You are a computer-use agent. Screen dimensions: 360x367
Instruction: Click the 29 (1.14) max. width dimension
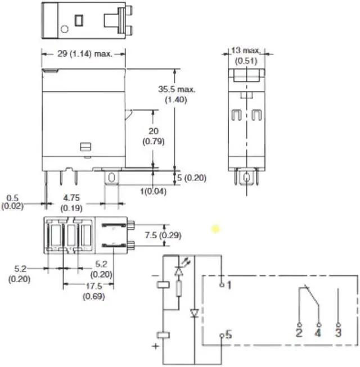[85, 54]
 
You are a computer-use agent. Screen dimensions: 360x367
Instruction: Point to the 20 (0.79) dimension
[154, 136]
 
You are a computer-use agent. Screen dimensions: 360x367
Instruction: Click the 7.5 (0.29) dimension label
[163, 235]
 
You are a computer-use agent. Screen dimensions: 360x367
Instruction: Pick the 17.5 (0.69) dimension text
[94, 291]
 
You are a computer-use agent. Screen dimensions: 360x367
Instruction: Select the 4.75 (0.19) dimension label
[71, 203]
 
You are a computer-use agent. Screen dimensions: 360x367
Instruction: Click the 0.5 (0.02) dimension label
[12, 202]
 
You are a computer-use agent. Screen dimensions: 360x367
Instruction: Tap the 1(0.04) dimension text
[154, 192]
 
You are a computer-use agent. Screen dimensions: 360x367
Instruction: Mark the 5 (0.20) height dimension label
[192, 178]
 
